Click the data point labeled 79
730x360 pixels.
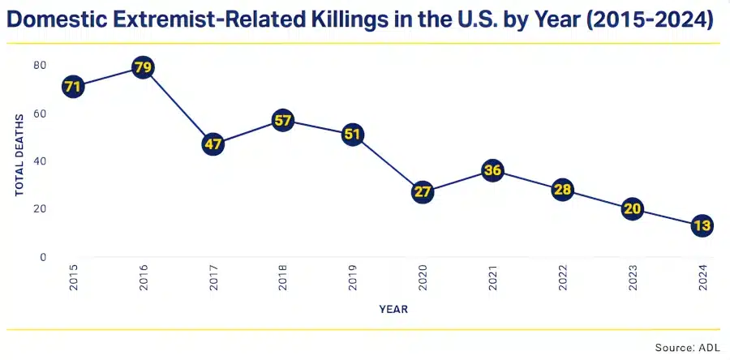143,67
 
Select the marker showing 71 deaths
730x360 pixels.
73,85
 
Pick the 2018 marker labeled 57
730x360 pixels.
282,121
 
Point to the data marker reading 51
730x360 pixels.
352,135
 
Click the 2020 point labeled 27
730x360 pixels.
422,192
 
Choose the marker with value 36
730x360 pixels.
492,170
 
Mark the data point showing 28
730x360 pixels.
562,191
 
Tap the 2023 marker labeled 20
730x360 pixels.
632,209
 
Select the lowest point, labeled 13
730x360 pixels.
702,226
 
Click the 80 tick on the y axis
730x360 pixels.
40,65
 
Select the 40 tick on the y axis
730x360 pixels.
40,161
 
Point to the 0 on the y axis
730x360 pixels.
43,257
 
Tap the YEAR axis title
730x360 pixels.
393,309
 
